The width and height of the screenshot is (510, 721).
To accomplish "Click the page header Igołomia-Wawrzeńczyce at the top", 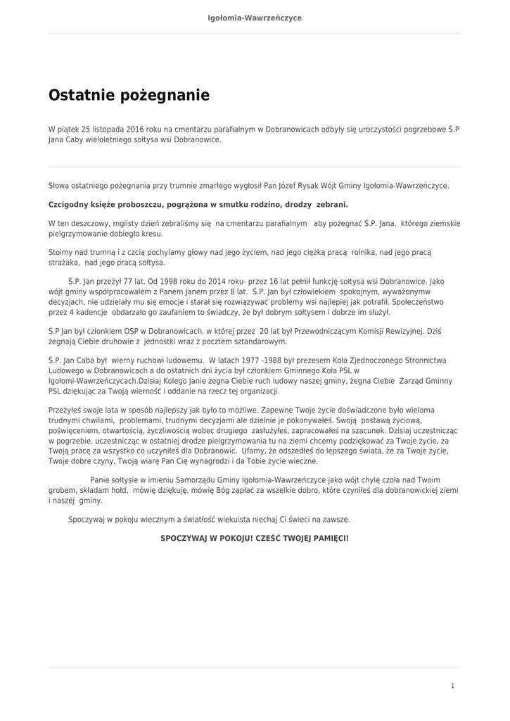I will pos(255,18).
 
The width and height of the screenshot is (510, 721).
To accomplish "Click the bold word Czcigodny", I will pos(70,205).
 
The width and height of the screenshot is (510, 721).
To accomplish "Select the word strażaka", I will pos(64,263).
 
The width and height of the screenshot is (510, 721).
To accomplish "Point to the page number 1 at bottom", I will pos(452,686).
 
